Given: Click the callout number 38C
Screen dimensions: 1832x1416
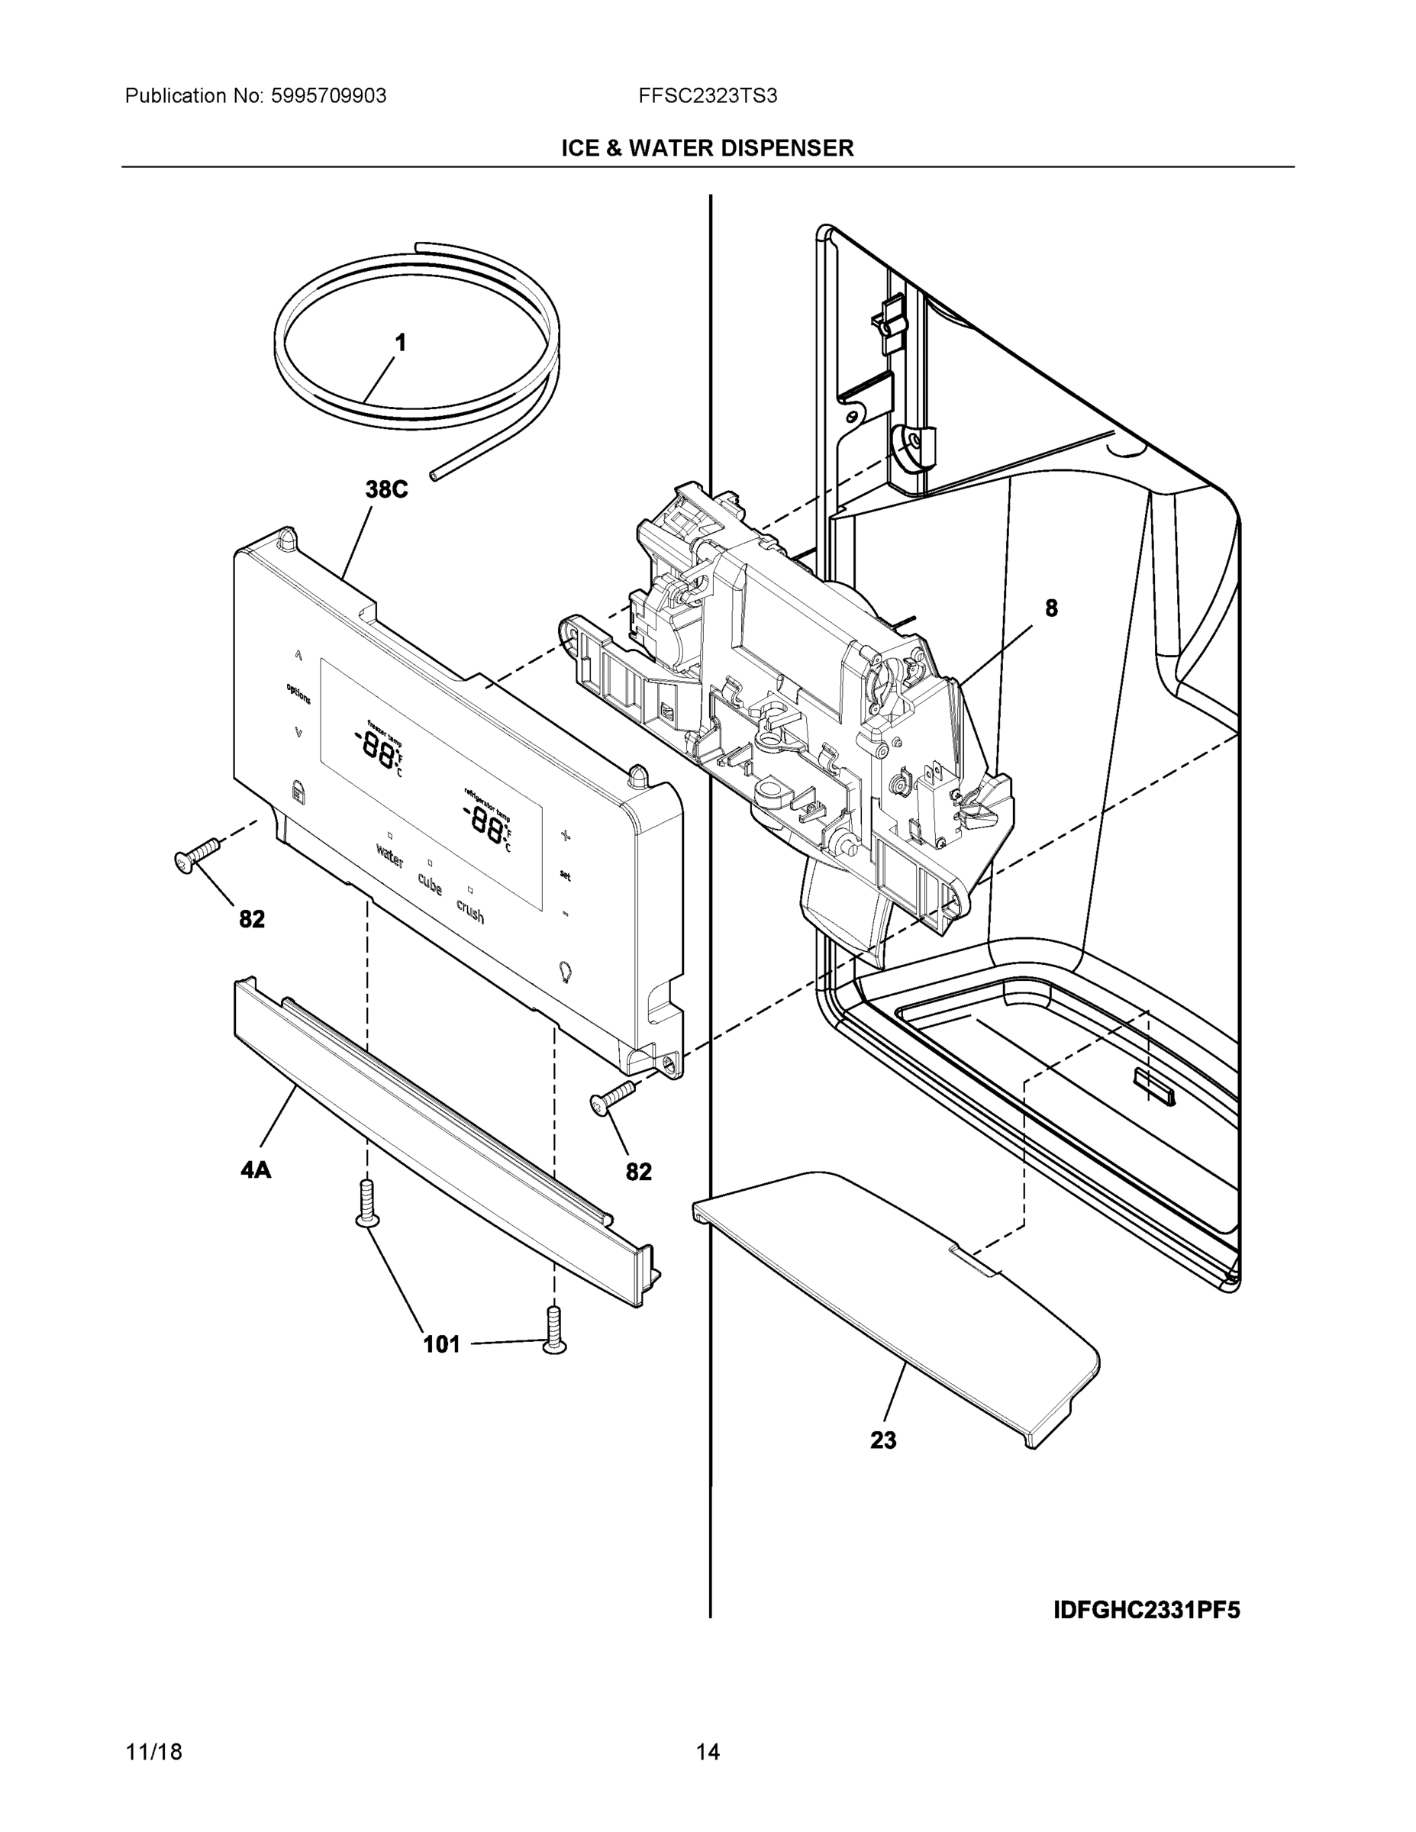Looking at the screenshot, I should tap(386, 489).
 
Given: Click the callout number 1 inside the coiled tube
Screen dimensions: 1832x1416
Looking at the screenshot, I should tap(401, 342).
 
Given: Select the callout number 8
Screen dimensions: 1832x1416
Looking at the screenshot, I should tap(1051, 608).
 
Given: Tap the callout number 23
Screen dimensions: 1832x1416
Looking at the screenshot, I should tap(882, 1440).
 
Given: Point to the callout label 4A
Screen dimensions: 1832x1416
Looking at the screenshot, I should tap(256, 1169).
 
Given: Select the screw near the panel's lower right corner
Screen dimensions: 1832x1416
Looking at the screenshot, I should tap(612, 1098).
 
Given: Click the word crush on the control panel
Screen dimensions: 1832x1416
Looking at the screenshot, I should tap(469, 910).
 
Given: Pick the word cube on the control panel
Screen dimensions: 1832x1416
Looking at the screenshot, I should tap(430, 883).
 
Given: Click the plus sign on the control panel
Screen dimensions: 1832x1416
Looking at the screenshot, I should tap(566, 834).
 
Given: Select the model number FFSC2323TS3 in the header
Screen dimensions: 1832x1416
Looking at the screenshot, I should tap(707, 95).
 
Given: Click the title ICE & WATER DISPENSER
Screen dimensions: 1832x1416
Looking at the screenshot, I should tap(707, 149).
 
